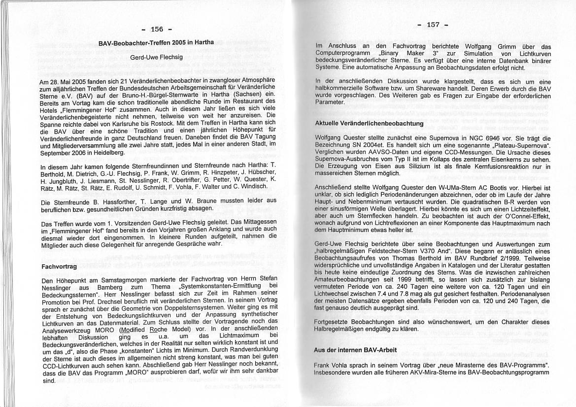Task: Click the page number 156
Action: click(x=156, y=29)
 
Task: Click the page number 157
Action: click(x=433, y=25)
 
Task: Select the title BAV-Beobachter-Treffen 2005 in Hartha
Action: click(x=156, y=43)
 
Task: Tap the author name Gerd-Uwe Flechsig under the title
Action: click(x=156, y=57)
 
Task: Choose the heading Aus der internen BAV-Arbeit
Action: click(x=348, y=349)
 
